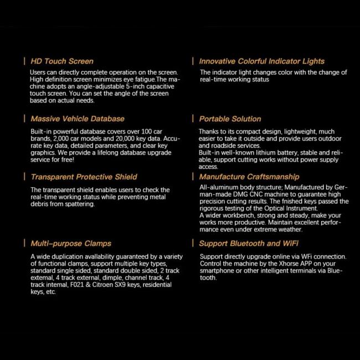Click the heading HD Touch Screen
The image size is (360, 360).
coord(62,61)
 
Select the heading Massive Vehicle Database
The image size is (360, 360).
coord(78,119)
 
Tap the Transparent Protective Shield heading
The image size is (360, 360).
coord(84,177)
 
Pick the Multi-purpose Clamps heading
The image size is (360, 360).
coord(71,243)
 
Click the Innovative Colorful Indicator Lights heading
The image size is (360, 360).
coord(262,61)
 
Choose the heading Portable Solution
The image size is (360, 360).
coord(230,119)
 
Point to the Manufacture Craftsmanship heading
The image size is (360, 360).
coord(249,177)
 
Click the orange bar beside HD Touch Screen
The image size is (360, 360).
coord(24,61)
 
